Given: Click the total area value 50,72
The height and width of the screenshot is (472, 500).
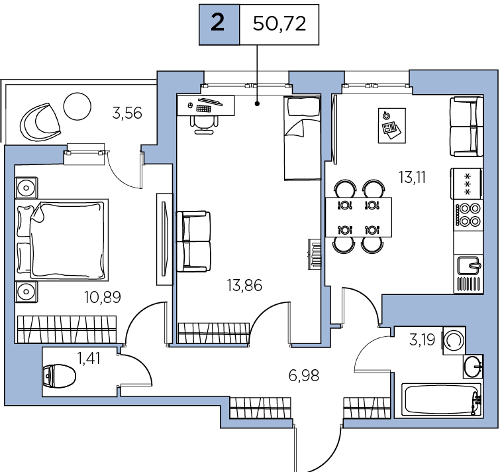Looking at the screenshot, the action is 279,24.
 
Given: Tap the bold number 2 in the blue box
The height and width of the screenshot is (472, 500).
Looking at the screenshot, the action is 218,23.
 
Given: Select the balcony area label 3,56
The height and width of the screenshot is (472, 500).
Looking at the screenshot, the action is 127,113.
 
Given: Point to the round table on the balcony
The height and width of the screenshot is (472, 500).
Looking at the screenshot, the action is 77,106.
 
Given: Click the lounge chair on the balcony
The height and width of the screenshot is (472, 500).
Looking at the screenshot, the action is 40,122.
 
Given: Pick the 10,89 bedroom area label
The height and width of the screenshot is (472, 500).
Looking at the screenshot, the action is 103,297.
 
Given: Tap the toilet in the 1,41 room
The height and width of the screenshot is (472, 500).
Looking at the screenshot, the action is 60,376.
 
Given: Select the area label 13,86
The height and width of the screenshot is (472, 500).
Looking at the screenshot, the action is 244,285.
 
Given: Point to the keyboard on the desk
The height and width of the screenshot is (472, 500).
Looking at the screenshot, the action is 204,109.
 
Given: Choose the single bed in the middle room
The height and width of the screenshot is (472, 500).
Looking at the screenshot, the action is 302,138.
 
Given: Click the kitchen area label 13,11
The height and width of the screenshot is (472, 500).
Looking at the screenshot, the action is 413,178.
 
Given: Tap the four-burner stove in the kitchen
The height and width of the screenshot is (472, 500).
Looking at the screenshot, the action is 468,215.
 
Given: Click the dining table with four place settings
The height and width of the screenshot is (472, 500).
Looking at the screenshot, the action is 358,217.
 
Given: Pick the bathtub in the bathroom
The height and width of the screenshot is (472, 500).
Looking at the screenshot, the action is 441,399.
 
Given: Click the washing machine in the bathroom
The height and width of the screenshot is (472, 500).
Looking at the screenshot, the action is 454,340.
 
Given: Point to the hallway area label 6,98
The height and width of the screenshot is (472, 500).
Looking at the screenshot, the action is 304,376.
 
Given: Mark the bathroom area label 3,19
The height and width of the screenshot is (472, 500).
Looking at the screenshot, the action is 422,340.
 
